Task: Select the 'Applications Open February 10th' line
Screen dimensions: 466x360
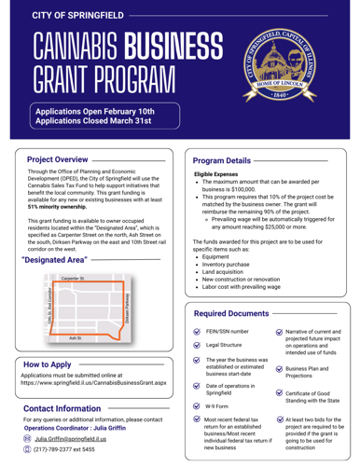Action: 94,112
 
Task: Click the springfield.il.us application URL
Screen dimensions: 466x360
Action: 104,390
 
